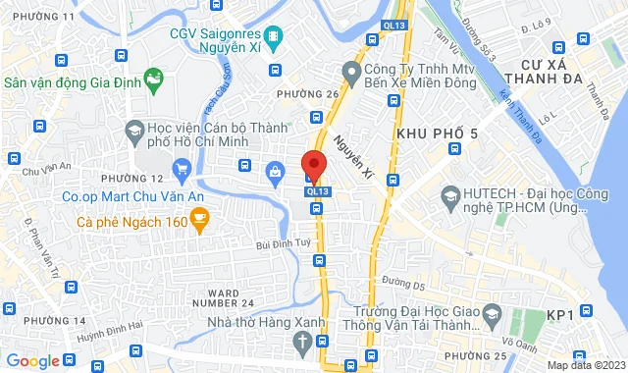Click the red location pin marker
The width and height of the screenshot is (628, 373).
314,166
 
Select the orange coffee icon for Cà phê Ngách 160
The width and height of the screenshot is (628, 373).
200,222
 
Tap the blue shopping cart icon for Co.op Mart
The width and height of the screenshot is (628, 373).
181,171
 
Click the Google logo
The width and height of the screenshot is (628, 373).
31,360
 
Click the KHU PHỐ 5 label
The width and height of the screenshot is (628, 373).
437,133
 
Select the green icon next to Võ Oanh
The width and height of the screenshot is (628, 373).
517,317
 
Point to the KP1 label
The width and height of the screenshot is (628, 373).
559,314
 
